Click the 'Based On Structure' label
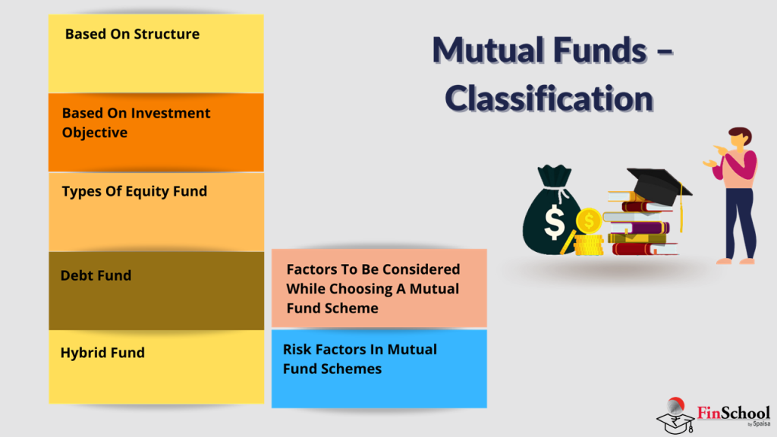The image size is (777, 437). pos(132,34)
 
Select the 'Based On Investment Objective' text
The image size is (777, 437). pos(136,122)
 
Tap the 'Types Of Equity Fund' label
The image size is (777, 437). pos(134,191)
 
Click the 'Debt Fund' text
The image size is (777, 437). pos(96,275)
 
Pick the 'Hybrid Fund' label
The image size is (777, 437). pos(102,353)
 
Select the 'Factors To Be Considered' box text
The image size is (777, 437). pos(373,288)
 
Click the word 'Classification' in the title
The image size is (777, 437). pos(549,99)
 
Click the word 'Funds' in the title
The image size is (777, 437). pos(590,51)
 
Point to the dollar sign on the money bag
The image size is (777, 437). pos(554,222)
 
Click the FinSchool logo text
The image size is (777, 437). pos(733,413)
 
